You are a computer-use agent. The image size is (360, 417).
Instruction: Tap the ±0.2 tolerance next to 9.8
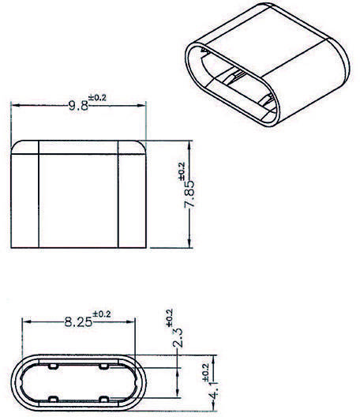tap(99, 96)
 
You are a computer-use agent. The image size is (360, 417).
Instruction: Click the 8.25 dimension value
tap(78, 321)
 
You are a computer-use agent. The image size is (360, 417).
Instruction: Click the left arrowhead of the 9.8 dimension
tap(13, 104)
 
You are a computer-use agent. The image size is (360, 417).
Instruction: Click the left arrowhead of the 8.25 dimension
tap(25, 321)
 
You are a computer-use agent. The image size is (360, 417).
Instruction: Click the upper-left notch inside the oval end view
tap(51, 367)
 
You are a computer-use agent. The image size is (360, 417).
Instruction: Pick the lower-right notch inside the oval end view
tap(104, 396)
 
